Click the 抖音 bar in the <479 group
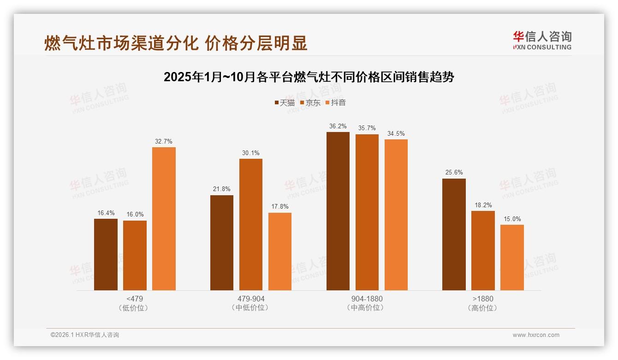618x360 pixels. point(164,219)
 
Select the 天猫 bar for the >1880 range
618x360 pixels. point(454,234)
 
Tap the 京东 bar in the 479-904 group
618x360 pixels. point(250,224)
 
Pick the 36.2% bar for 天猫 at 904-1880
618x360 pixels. point(338,211)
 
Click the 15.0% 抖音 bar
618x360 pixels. point(512,258)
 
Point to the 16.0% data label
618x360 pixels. point(135,215)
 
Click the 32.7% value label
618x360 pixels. point(164,142)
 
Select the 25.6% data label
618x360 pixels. point(454,173)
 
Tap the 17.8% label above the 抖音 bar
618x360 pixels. point(279,207)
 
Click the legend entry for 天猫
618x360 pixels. point(285,103)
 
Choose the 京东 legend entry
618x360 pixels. point(310,103)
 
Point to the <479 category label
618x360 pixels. point(134,299)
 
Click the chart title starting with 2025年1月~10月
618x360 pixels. point(309,77)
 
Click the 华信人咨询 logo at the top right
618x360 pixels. point(542,41)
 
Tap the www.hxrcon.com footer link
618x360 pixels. point(536,335)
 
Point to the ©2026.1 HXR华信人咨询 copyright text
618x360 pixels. point(85,335)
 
